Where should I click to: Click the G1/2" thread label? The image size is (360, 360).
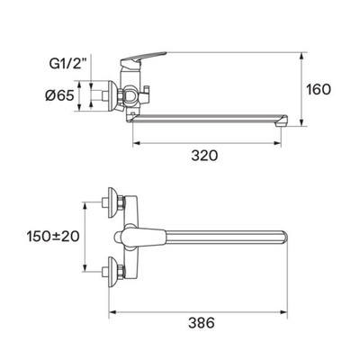pyautogui.click(x=67, y=64)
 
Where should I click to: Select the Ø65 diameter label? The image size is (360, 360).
pyautogui.click(x=59, y=96)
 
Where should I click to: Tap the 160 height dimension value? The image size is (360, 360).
pyautogui.click(x=319, y=89)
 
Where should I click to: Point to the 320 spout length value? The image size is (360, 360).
pyautogui.click(x=205, y=156)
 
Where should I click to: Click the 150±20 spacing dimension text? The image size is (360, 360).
pyautogui.click(x=53, y=237)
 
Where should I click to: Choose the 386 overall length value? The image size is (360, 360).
pyautogui.click(x=202, y=323)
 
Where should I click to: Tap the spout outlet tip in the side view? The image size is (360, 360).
pyautogui.click(x=283, y=121)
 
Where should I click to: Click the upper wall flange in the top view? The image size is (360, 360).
pyautogui.click(x=113, y=203)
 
